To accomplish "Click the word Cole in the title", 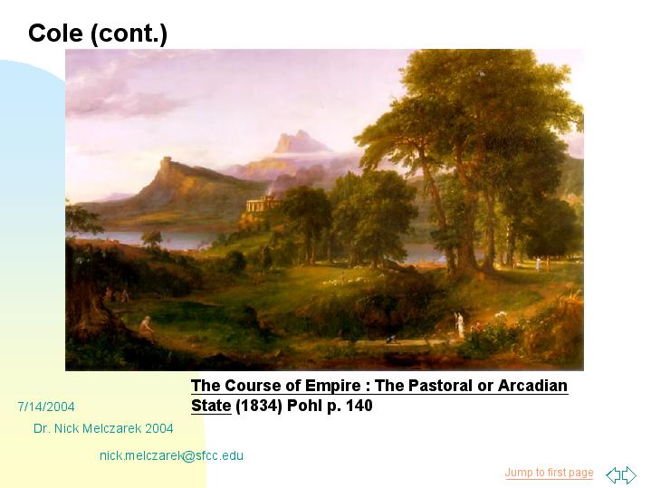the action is coord(55,33).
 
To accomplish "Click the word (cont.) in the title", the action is coord(129,34).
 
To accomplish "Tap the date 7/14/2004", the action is coord(46,407).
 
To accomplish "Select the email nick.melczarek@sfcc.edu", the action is coord(171,455).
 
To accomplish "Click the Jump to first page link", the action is coord(549,473).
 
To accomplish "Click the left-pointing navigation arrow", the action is coord(613,474).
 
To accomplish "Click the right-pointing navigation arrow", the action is coord(629,474).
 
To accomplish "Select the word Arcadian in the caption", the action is coord(532,386).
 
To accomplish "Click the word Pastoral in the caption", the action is coord(441,386).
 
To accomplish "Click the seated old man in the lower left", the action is coord(146,327).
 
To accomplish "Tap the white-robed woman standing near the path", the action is coord(460,323).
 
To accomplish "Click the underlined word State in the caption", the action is coord(211,406).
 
